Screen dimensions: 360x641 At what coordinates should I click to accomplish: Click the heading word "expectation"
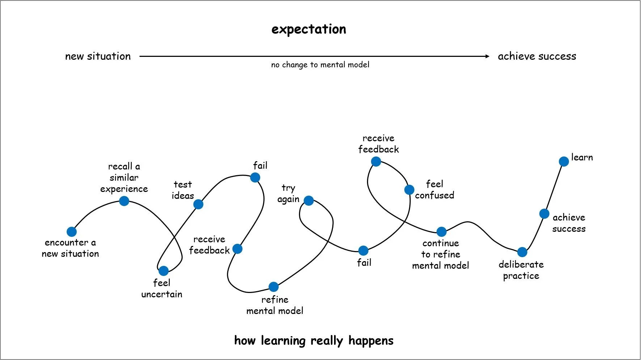pos(309,29)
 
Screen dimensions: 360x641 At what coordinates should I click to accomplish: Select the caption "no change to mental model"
pos(320,65)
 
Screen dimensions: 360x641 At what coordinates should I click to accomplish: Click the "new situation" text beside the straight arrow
pos(98,56)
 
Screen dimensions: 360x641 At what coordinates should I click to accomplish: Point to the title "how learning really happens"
pos(314,340)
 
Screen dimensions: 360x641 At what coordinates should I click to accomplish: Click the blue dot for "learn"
pos(564,161)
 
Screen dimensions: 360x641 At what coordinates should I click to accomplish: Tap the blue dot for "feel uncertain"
pos(164,271)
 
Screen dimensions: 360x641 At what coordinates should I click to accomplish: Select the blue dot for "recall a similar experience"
pos(124,201)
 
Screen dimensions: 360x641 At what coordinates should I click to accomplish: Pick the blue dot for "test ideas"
pos(198,204)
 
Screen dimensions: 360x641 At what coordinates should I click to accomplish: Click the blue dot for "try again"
pos(309,200)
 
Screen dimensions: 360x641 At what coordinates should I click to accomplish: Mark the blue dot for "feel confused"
pos(409,190)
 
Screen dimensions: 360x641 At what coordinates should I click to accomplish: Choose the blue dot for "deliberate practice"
pos(522,252)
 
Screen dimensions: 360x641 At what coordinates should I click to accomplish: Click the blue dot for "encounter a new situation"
pos(72,231)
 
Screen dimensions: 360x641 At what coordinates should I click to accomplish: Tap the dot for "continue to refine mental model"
pos(442,231)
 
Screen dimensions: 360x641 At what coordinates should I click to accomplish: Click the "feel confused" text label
pos(434,189)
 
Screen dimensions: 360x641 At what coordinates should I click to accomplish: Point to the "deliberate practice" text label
pos(521,270)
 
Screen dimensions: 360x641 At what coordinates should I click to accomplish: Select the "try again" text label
pos(288,193)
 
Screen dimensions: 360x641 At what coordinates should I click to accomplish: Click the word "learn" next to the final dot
pos(582,157)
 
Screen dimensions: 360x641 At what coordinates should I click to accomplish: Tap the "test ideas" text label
pos(183,190)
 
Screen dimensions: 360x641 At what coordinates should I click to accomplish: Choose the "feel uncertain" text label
pos(162,288)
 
